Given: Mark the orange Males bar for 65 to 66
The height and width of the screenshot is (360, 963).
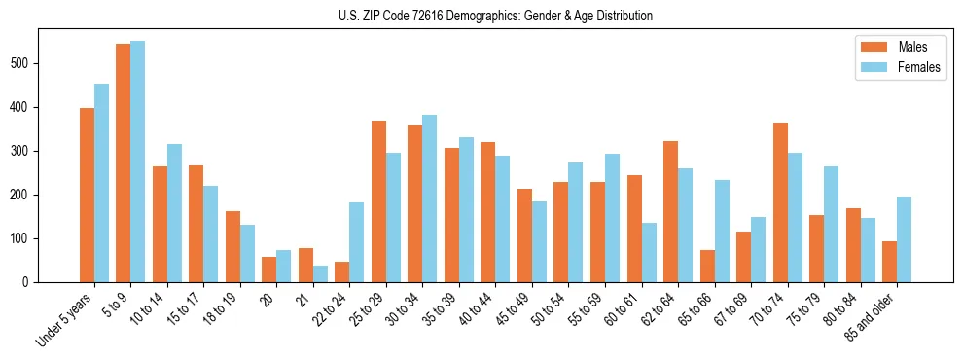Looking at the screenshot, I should tap(707, 266).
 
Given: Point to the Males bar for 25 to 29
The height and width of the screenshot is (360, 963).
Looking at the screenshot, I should tap(378, 201).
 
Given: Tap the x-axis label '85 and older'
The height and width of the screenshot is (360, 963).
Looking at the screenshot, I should tap(871, 315).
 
